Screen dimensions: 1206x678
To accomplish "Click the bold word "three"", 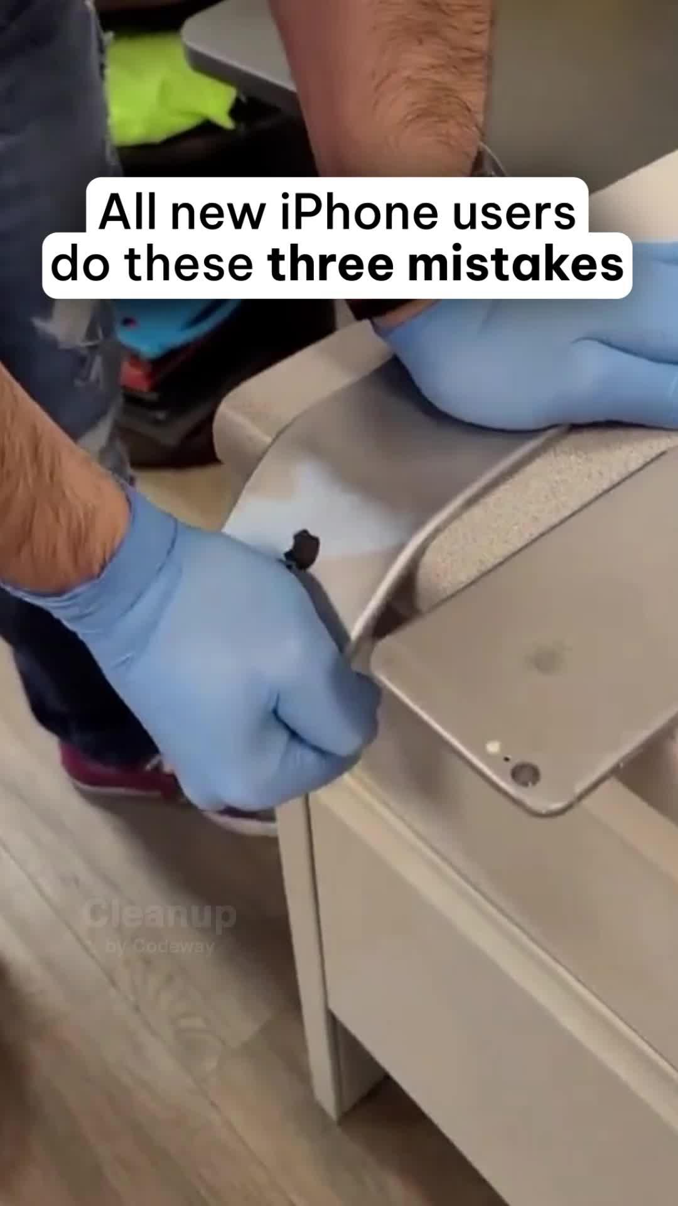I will click(331, 264).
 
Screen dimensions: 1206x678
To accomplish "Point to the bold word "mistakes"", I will click(515, 264).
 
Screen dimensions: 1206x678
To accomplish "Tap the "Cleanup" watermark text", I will click(160, 916).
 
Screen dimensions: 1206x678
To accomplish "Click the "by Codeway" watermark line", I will click(160, 946).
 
